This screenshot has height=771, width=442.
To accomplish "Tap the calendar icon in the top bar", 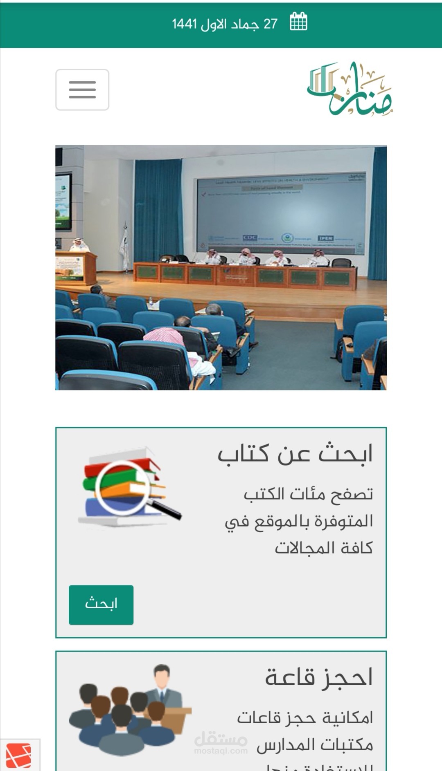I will pos(298,22).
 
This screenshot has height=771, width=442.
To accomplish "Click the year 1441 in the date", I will pos(184,24).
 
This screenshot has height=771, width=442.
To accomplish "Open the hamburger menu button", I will pos(82,90).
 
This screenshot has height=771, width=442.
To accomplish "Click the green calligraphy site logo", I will pos(350,89).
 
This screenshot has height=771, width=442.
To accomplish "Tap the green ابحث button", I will pos(101,604).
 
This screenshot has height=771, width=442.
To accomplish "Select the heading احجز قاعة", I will pos(319,677).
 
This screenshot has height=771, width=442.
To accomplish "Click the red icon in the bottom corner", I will pos(18,755).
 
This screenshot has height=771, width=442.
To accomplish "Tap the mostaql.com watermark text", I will pos(221,751).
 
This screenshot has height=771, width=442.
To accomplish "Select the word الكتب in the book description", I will pos(265,494).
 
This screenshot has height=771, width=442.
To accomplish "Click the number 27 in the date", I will pos(271,24).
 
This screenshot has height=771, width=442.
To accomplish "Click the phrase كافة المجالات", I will pos(323,548).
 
